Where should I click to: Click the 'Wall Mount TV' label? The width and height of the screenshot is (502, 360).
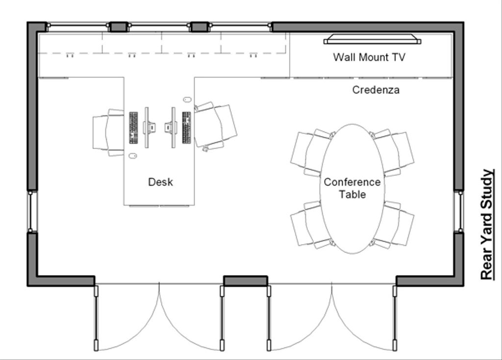pyautogui.click(x=369, y=57)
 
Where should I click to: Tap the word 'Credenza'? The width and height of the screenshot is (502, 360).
pyautogui.click(x=376, y=90)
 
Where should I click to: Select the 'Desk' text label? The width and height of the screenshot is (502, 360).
pyautogui.click(x=160, y=182)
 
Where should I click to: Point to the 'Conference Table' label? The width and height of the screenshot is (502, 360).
pyautogui.click(x=352, y=188)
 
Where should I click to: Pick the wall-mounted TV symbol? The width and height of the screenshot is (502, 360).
pyautogui.click(x=372, y=39)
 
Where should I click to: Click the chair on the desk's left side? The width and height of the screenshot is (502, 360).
pyautogui.click(x=107, y=132)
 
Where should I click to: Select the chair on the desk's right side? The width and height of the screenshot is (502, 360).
pyautogui.click(x=216, y=126)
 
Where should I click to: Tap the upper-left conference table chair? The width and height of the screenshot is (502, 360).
pyautogui.click(x=309, y=153)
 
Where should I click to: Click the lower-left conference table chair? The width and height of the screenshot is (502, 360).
pyautogui.click(x=309, y=223)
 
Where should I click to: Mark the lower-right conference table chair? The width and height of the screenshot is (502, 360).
pyautogui.click(x=395, y=223)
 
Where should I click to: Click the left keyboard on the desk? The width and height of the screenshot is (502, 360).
pyautogui.click(x=133, y=128)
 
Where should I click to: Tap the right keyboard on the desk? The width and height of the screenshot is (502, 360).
pyautogui.click(x=186, y=128)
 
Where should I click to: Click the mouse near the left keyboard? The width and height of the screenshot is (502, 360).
pyautogui.click(x=132, y=156)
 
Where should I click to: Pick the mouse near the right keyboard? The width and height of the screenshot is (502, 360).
pyautogui.click(x=187, y=100)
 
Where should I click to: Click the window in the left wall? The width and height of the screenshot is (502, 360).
pyautogui.click(x=32, y=211)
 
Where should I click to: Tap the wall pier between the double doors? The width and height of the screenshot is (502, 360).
pyautogui.click(x=245, y=281)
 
